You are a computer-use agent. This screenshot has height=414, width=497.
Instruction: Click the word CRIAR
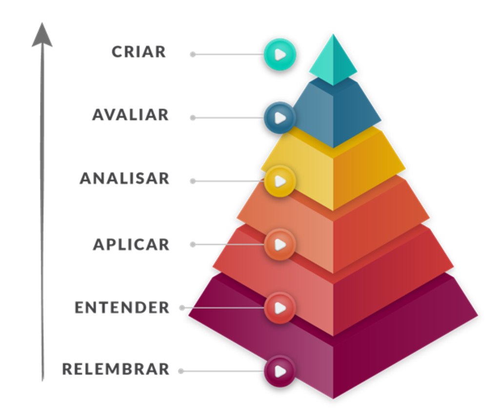pyautogui.click(x=139, y=52)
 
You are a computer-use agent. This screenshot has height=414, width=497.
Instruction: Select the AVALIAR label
pyautogui.click(x=131, y=115)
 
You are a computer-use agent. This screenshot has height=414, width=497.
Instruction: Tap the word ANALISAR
pyautogui.click(x=124, y=178)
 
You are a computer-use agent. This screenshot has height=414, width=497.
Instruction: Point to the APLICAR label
pyautogui.click(x=131, y=245)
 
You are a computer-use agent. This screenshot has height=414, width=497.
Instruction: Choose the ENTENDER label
pyautogui.click(x=122, y=308)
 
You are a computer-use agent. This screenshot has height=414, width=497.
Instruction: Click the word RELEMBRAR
pyautogui.click(x=116, y=369)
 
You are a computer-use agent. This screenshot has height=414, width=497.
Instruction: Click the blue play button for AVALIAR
pyautogui.click(x=280, y=118)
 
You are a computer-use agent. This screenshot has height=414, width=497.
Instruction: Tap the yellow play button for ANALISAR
pyautogui.click(x=280, y=181)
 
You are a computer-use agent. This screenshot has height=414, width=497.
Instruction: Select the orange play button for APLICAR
pyautogui.click(x=280, y=244)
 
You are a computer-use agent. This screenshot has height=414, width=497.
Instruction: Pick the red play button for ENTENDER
pyautogui.click(x=280, y=308)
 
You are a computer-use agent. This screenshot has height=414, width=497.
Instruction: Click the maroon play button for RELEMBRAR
pyautogui.click(x=280, y=371)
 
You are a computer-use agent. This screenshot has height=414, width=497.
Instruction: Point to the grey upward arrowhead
pyautogui.click(x=42, y=36)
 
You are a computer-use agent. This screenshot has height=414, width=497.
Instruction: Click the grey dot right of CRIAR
pyautogui.click(x=193, y=55)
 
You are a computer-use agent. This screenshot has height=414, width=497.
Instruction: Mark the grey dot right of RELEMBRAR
pyautogui.click(x=181, y=371)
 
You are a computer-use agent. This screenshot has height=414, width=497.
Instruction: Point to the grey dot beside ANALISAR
pyautogui.click(x=193, y=181)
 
